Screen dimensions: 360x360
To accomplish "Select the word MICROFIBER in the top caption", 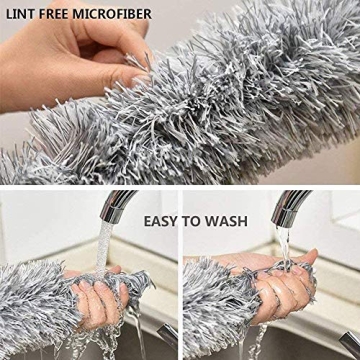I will pos(125,14).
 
